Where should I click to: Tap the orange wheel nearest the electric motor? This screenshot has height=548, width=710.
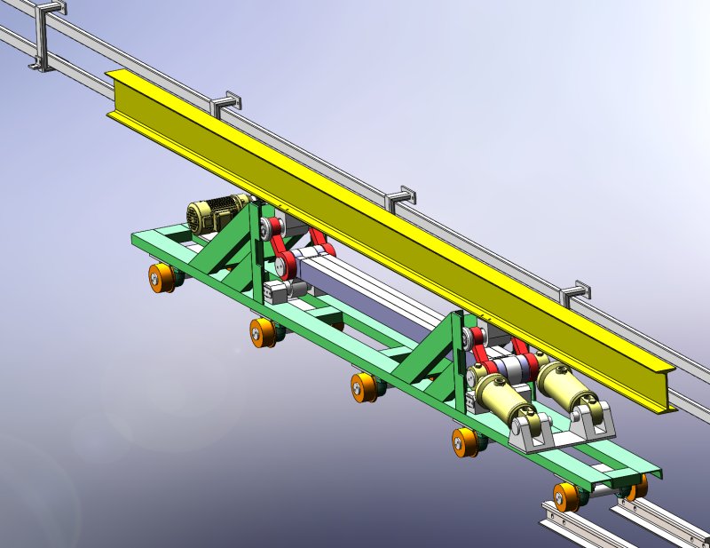162,278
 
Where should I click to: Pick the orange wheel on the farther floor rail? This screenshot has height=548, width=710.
637,486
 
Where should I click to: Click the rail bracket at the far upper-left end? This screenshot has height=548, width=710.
43,36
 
